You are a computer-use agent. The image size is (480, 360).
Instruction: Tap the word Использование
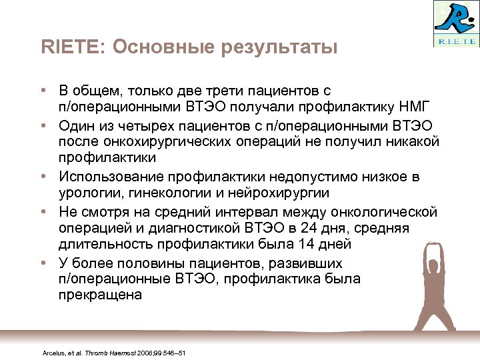(113, 175)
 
